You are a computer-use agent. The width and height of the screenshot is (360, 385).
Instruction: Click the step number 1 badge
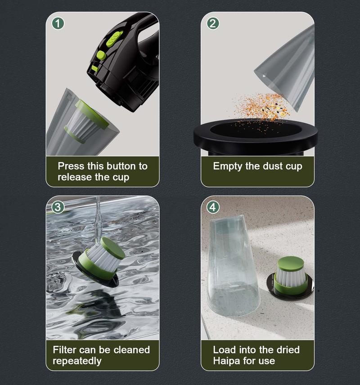[58, 23]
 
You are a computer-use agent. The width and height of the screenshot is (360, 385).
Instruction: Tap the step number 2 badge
[213, 23]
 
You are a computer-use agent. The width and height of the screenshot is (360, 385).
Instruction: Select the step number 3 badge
[58, 207]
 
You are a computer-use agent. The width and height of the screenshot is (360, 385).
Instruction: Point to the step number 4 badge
[213, 207]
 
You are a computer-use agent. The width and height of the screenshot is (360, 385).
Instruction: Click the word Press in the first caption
[71, 166]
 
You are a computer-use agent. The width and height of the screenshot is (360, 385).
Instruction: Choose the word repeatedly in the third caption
[77, 361]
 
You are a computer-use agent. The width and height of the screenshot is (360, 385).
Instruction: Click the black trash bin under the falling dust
[256, 138]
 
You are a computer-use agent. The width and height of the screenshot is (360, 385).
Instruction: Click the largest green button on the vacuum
[114, 39]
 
